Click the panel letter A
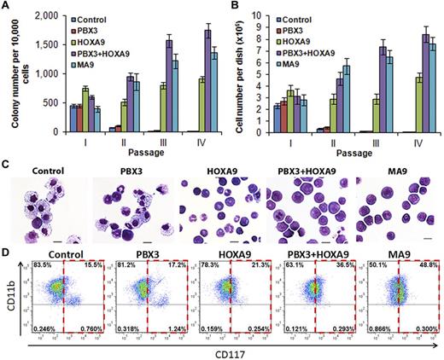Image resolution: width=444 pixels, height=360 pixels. click(7, 8)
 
